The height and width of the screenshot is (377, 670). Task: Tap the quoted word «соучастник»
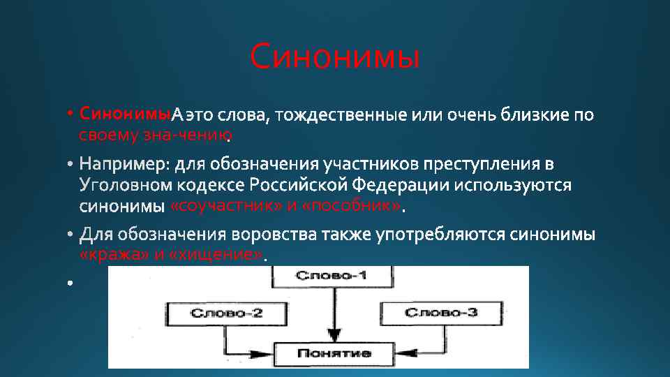coord(226,207)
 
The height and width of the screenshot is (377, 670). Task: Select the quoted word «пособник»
coord(353,207)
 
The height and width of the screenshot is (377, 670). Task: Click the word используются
coord(514,186)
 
